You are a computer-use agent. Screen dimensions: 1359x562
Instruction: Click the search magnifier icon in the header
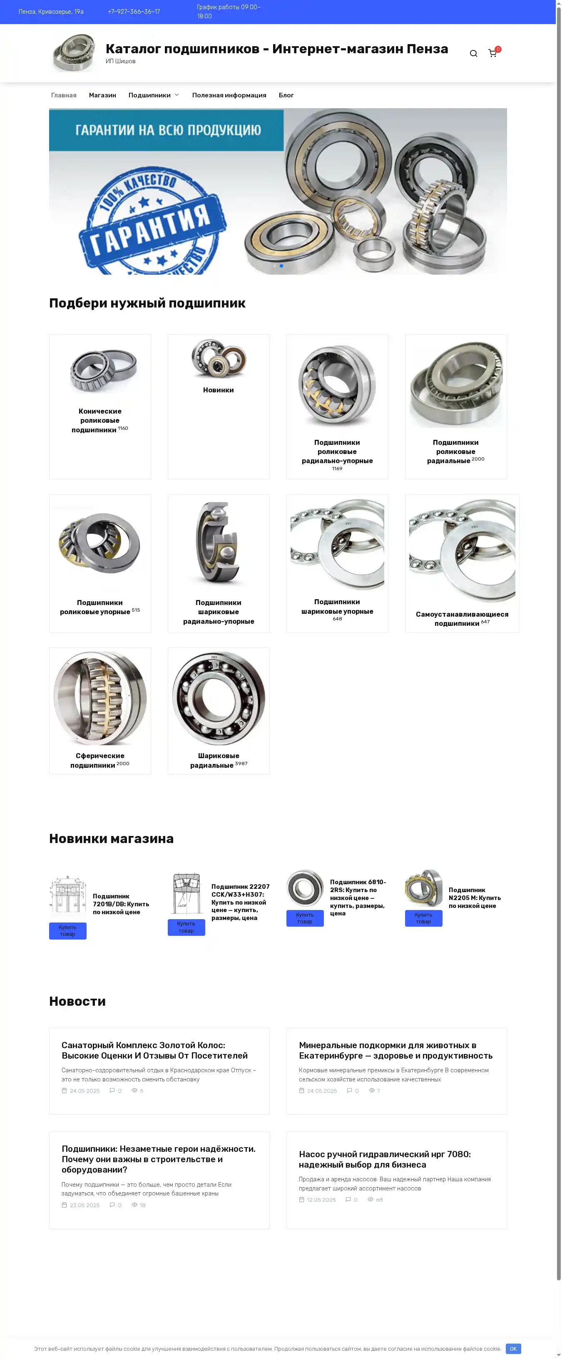pyautogui.click(x=473, y=53)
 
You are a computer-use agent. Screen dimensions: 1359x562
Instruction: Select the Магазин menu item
pyautogui.click(x=102, y=95)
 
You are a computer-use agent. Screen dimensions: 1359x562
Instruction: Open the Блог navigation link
pyautogui.click(x=286, y=95)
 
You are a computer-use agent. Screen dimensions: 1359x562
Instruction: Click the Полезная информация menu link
pyautogui.click(x=229, y=95)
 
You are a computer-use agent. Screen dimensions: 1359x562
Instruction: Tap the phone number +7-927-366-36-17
pyautogui.click(x=134, y=12)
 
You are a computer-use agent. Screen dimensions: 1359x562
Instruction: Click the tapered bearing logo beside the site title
pyautogui.click(x=74, y=52)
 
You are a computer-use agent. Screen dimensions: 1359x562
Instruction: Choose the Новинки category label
pyautogui.click(x=219, y=390)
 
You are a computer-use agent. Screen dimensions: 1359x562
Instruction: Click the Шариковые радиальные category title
pyautogui.click(x=215, y=760)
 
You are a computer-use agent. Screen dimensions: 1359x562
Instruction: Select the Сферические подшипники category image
pyautogui.click(x=100, y=698)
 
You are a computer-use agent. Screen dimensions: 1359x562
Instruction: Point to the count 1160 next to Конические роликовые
pyautogui.click(x=123, y=429)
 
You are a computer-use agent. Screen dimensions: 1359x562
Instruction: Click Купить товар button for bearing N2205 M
pyautogui.click(x=423, y=918)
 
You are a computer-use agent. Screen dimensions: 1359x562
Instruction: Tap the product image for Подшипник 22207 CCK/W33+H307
pyautogui.click(x=186, y=894)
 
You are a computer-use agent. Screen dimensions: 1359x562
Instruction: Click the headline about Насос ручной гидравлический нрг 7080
pyautogui.click(x=385, y=1159)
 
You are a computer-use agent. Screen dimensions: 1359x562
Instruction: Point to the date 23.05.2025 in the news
pyautogui.click(x=85, y=1205)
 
